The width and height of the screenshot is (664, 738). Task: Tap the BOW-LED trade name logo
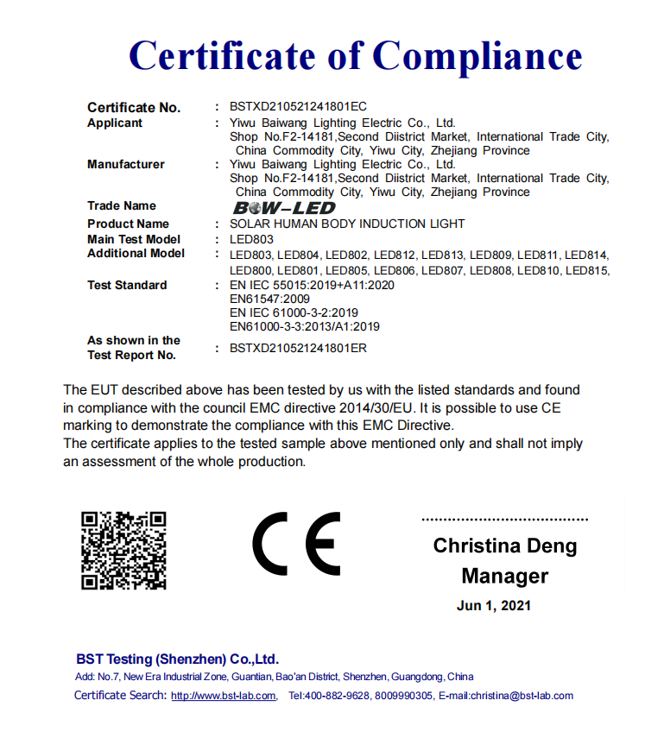pos(284,208)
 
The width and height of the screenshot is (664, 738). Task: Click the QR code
pos(123,550)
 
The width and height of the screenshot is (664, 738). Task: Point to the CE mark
pos(296,543)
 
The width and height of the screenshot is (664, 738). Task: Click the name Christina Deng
pos(505,546)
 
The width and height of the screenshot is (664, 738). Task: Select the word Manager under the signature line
pos(505,576)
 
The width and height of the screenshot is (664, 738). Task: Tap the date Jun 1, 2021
pos(494,605)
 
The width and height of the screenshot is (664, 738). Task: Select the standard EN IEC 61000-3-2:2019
pos(294,312)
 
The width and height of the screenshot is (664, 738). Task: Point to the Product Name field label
pos(128,224)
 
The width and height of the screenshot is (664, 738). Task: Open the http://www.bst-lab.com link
pos(224,696)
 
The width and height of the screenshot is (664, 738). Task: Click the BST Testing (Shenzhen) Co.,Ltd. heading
pos(177,659)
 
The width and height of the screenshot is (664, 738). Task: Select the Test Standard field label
pos(127,285)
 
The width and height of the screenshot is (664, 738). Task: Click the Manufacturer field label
pos(126,164)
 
